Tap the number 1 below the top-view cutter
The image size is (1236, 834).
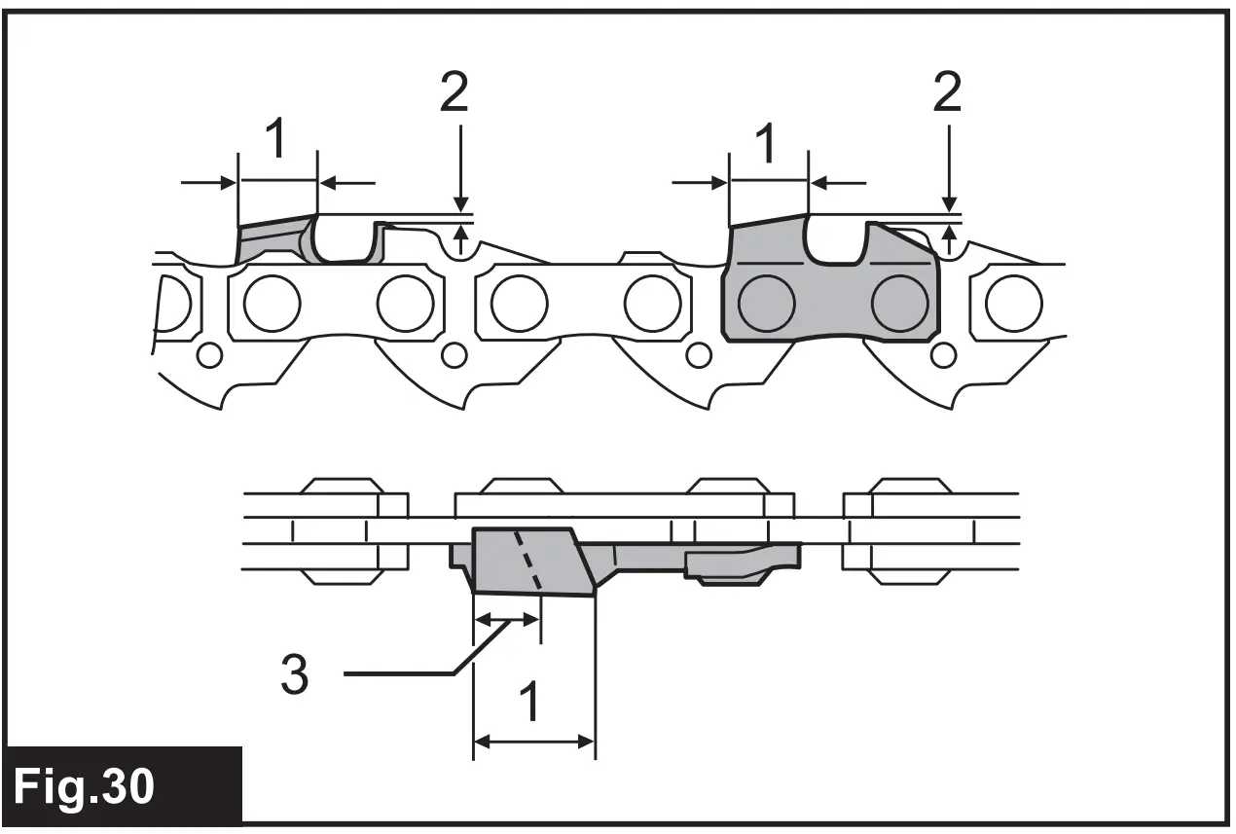coord(530,704)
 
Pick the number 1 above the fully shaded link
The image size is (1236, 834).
coord(767,143)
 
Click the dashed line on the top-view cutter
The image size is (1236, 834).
coord(528,561)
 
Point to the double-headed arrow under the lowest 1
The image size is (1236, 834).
coord(533,742)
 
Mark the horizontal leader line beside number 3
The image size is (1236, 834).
coord(399,672)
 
